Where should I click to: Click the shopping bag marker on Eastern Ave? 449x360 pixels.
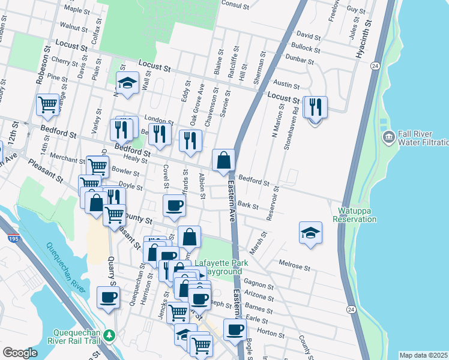point(223,161)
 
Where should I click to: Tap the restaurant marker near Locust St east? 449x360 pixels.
point(315,108)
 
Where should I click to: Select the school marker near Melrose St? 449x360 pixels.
point(310,233)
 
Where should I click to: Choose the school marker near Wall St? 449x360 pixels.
point(127,84)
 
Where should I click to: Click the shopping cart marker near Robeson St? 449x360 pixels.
point(47,105)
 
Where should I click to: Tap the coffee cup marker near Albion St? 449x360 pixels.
point(174,206)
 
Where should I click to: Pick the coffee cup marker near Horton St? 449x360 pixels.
point(235,329)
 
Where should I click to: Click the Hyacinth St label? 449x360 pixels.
point(363,39)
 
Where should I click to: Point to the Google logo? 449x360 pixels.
point(20,353)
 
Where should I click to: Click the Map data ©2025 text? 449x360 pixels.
point(424,355)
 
